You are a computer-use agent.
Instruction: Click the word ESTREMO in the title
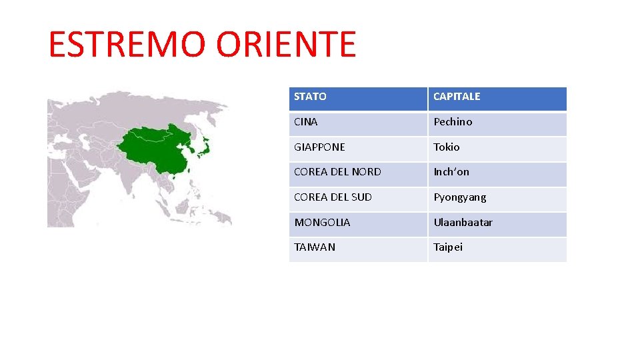point(127,45)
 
